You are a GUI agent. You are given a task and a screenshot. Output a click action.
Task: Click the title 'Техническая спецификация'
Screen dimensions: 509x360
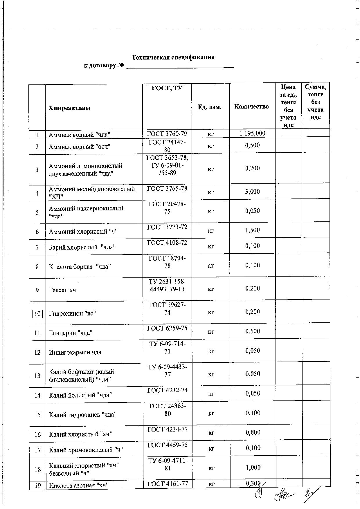click(x=173, y=57)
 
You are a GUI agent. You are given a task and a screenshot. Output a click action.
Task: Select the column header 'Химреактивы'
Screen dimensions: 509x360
click(x=70, y=108)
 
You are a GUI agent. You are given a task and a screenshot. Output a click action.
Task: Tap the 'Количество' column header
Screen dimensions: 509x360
click(x=251, y=107)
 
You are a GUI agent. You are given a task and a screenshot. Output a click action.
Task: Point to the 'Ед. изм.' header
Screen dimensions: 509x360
click(x=210, y=107)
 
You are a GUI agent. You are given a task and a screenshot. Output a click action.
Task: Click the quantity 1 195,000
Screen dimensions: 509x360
click(x=252, y=133)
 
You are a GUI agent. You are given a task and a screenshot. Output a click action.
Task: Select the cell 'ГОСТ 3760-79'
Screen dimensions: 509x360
click(x=167, y=133)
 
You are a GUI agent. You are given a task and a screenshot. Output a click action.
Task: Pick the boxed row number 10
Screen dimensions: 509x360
click(x=37, y=314)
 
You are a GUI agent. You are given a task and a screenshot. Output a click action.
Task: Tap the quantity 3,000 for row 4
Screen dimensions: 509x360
click(x=252, y=192)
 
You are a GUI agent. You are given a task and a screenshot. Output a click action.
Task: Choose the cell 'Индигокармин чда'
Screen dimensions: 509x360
click(x=75, y=352)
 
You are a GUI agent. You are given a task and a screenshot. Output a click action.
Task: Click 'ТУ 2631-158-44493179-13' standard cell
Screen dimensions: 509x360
click(x=167, y=286)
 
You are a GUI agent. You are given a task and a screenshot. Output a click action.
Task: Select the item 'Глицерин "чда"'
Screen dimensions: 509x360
click(x=71, y=333)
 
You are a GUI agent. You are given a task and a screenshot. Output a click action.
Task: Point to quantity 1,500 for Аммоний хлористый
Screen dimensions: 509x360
click(x=252, y=230)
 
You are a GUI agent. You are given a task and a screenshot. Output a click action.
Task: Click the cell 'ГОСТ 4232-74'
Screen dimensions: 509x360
click(x=167, y=390)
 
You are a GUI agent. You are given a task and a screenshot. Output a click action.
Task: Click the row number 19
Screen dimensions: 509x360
click(x=37, y=485)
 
